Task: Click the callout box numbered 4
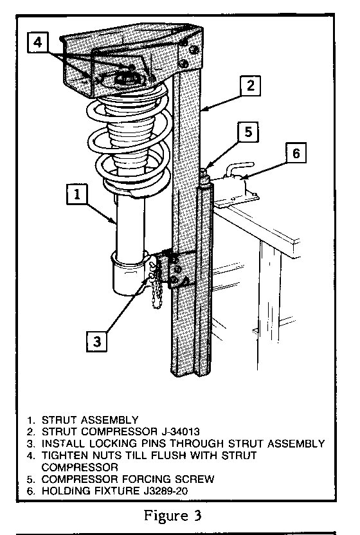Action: click(x=37, y=42)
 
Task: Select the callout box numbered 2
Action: click(x=251, y=86)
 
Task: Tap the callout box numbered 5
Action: click(x=248, y=132)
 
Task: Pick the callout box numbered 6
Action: click(x=296, y=152)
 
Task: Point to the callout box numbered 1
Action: click(x=77, y=194)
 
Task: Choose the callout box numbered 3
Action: click(x=97, y=341)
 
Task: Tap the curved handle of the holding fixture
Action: click(x=239, y=169)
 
